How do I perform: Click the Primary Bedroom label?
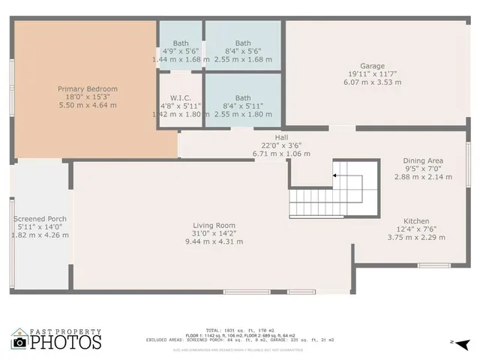[x=88, y=89]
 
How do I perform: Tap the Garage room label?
[x=372, y=66]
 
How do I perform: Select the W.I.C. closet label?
[x=181, y=97]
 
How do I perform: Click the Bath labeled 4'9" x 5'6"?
[x=181, y=43]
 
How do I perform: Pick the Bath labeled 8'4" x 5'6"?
[x=243, y=43]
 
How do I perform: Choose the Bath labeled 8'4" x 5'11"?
[x=243, y=97]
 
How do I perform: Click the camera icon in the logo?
[x=20, y=343]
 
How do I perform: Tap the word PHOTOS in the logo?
[x=65, y=342]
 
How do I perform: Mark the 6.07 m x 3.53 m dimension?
[x=372, y=82]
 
